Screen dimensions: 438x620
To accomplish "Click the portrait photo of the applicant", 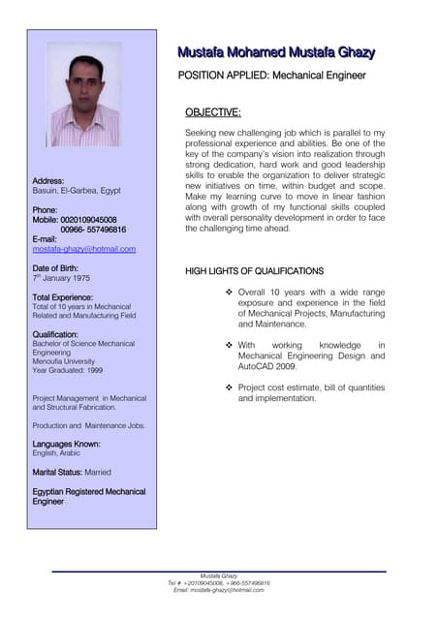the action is tap(85, 94).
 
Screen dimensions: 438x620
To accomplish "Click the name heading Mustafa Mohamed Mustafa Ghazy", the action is tap(275, 52).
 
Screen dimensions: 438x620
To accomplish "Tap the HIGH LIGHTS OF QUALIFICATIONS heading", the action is tap(254, 271).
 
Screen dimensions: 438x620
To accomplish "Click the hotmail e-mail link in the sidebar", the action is tap(84, 249).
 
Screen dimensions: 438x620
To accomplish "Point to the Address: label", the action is tap(48, 181).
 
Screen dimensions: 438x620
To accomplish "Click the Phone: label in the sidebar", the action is tap(46, 210).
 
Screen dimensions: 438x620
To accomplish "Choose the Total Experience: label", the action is tap(63, 296).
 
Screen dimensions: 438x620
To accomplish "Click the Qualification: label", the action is tap(55, 334).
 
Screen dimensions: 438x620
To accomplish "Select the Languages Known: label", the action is tap(68, 444).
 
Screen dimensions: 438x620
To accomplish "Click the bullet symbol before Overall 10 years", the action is tap(228, 292).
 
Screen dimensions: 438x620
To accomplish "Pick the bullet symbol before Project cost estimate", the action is tap(228, 387).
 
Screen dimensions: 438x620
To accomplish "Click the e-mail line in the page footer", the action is tap(219, 590).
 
